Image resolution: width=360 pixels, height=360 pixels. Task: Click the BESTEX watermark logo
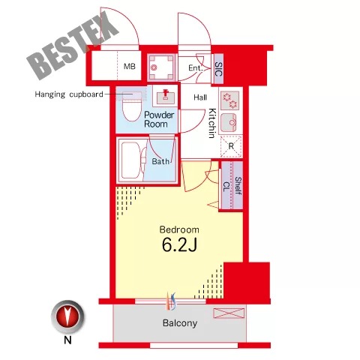[73, 46]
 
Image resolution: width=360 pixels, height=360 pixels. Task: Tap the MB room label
[130, 67]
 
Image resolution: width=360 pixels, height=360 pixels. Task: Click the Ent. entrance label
[195, 67]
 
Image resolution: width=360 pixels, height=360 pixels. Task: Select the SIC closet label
[218, 69]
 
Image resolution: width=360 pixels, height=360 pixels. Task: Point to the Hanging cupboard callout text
[69, 94]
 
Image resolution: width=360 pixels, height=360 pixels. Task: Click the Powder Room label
[159, 119]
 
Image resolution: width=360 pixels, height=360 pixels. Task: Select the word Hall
[200, 97]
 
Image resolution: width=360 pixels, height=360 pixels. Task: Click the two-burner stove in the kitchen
[230, 100]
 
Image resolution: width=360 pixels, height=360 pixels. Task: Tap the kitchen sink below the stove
[229, 122]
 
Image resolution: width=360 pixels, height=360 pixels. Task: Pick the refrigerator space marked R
[231, 146]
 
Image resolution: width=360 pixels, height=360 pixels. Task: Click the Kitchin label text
[212, 123]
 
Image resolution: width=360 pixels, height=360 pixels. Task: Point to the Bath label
[160, 161]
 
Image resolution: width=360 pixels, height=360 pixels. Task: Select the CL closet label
[226, 187]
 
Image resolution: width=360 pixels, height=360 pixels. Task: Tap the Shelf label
[238, 186]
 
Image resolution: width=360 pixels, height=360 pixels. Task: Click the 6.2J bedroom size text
[179, 244]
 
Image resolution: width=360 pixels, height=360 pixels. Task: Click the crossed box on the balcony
[229, 313]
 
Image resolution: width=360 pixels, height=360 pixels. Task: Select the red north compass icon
[67, 316]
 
